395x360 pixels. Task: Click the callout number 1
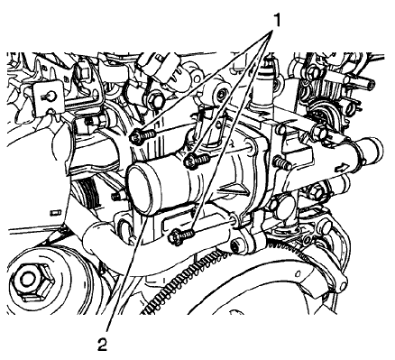tap(276, 20)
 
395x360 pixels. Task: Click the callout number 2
tap(103, 345)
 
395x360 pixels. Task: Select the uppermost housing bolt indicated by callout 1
tap(142, 137)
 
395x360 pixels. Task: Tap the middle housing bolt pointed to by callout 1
tap(197, 160)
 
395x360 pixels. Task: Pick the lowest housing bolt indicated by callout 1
tap(181, 235)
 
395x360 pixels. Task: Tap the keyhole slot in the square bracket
tap(49, 97)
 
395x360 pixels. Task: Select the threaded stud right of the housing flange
tap(282, 162)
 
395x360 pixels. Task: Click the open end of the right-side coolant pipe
tap(373, 150)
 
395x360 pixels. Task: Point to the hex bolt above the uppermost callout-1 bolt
tap(156, 100)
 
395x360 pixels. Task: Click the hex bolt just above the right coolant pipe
tap(319, 132)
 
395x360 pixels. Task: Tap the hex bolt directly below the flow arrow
tap(316, 191)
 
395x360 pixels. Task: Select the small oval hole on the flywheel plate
tap(298, 273)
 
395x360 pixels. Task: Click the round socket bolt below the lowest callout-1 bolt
tap(236, 246)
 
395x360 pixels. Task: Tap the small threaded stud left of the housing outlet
tap(118, 197)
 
